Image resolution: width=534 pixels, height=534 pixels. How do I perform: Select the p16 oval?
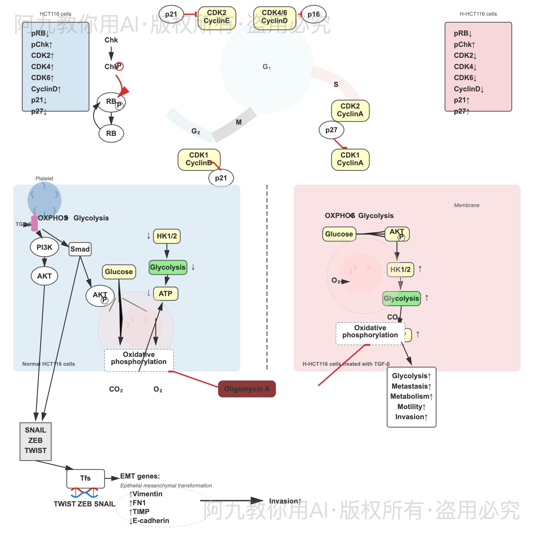pos(314,14)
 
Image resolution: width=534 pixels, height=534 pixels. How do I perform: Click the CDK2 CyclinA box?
pos(350,110)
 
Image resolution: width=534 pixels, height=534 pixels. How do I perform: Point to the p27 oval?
pos(331,130)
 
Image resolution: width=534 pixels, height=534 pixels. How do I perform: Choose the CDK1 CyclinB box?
pos(199,159)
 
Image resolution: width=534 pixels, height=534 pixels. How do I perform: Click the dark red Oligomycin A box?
pos(247,389)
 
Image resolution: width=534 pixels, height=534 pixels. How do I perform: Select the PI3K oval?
pos(44,247)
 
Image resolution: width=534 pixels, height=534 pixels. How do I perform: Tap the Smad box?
pos(80,249)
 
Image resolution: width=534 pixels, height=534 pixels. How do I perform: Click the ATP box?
pos(166,294)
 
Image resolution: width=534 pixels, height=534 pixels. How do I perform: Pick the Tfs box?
pos(85,478)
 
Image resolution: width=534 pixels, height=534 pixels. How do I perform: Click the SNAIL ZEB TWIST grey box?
pos(36,441)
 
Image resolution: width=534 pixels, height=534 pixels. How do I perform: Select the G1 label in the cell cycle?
pos(266,67)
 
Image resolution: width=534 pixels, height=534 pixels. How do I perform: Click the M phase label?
pos(239,122)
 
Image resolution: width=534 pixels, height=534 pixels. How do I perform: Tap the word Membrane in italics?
pos(466,205)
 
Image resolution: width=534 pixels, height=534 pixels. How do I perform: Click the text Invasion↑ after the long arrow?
pos(285,501)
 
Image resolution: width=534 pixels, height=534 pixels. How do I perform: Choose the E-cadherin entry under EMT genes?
pos(149,521)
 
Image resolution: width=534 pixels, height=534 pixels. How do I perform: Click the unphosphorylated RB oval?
pos(111,133)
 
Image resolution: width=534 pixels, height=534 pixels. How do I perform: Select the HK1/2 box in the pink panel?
pos(400,269)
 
